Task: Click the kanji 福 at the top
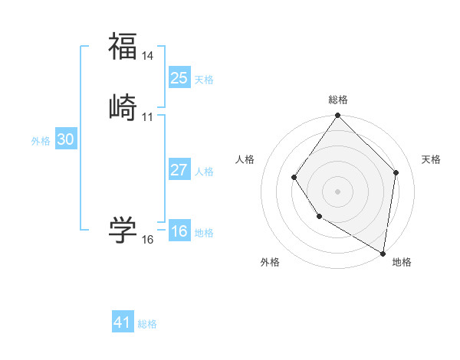(x=123, y=45)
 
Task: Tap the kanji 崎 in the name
(x=123, y=106)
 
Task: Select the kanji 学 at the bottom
(x=123, y=229)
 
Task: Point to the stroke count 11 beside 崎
(x=148, y=117)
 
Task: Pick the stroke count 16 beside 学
(x=148, y=240)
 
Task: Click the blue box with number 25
(x=179, y=78)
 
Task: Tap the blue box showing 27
(x=179, y=170)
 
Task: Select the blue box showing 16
(x=179, y=231)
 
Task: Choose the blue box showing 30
(x=66, y=139)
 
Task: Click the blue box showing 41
(x=123, y=322)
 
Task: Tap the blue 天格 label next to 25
(x=204, y=80)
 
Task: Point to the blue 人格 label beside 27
(x=204, y=172)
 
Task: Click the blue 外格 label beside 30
(x=41, y=141)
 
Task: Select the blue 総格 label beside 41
(x=147, y=324)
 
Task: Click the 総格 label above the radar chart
(x=337, y=100)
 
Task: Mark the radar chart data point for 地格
(x=383, y=253)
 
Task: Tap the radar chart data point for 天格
(x=396, y=172)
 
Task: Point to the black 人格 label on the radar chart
(x=245, y=159)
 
